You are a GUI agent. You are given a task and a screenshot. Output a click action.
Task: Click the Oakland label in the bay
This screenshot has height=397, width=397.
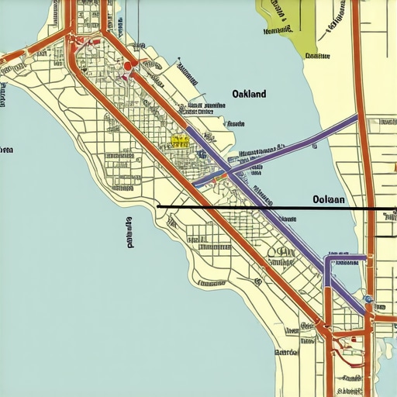249,94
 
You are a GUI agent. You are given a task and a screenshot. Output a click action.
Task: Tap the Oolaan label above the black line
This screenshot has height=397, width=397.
328,199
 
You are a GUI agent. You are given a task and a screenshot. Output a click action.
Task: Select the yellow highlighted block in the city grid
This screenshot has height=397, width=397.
180,141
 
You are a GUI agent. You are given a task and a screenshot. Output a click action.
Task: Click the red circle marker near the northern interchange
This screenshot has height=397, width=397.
127,67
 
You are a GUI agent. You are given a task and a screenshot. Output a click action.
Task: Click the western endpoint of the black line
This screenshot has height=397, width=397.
157,206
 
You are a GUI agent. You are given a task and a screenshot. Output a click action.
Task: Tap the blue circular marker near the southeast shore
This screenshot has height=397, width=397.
368,299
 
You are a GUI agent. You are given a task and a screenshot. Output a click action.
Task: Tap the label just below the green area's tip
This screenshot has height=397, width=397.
312,56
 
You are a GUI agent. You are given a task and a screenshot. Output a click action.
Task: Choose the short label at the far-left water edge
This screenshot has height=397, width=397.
6,150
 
